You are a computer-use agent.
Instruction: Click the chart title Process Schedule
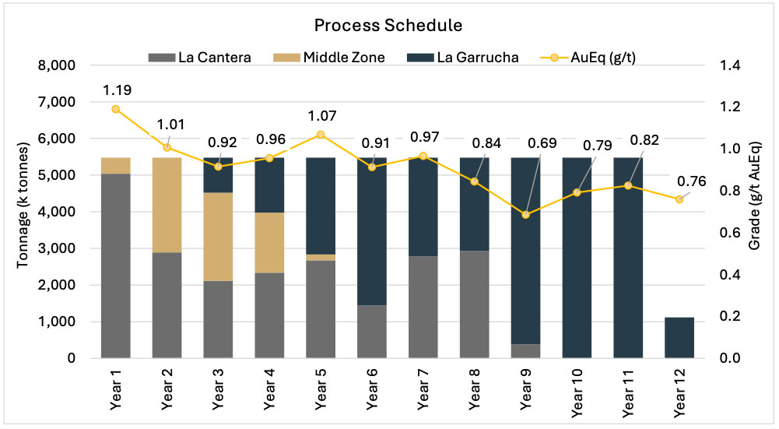(388, 25)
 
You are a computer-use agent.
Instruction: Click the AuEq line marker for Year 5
(320, 135)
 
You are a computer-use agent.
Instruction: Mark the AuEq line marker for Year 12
(679, 199)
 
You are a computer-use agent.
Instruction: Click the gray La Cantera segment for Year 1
(115, 265)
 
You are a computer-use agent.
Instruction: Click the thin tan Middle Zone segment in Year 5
(320, 257)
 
